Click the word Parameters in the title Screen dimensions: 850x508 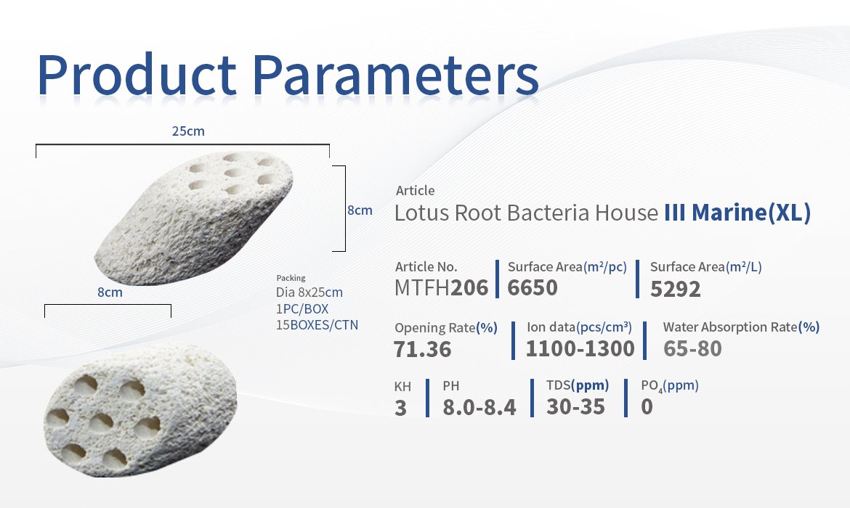click(x=395, y=75)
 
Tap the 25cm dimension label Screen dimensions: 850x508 click(x=188, y=131)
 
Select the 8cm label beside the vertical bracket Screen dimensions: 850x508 click(x=360, y=210)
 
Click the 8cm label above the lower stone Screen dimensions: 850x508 click(x=110, y=292)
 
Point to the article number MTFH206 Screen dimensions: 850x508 click(x=441, y=287)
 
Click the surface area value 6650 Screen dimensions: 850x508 click(x=533, y=287)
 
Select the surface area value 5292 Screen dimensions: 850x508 click(x=676, y=289)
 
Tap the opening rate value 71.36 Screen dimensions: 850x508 click(x=422, y=349)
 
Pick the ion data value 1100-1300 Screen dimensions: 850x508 click(x=580, y=348)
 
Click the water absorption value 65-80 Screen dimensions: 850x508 click(x=692, y=348)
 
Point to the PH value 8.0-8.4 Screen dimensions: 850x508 click(x=479, y=407)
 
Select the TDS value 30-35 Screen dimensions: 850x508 click(x=575, y=406)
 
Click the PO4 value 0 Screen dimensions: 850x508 click(x=647, y=406)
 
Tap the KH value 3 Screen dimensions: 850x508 click(x=400, y=408)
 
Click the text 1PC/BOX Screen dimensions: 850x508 click(x=302, y=308)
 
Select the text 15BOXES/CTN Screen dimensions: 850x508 click(x=317, y=325)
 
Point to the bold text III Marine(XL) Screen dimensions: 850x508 click(x=737, y=213)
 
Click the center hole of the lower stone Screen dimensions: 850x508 click(x=101, y=422)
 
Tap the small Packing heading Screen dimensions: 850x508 click(x=291, y=278)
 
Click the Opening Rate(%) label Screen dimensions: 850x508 click(x=445, y=327)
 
